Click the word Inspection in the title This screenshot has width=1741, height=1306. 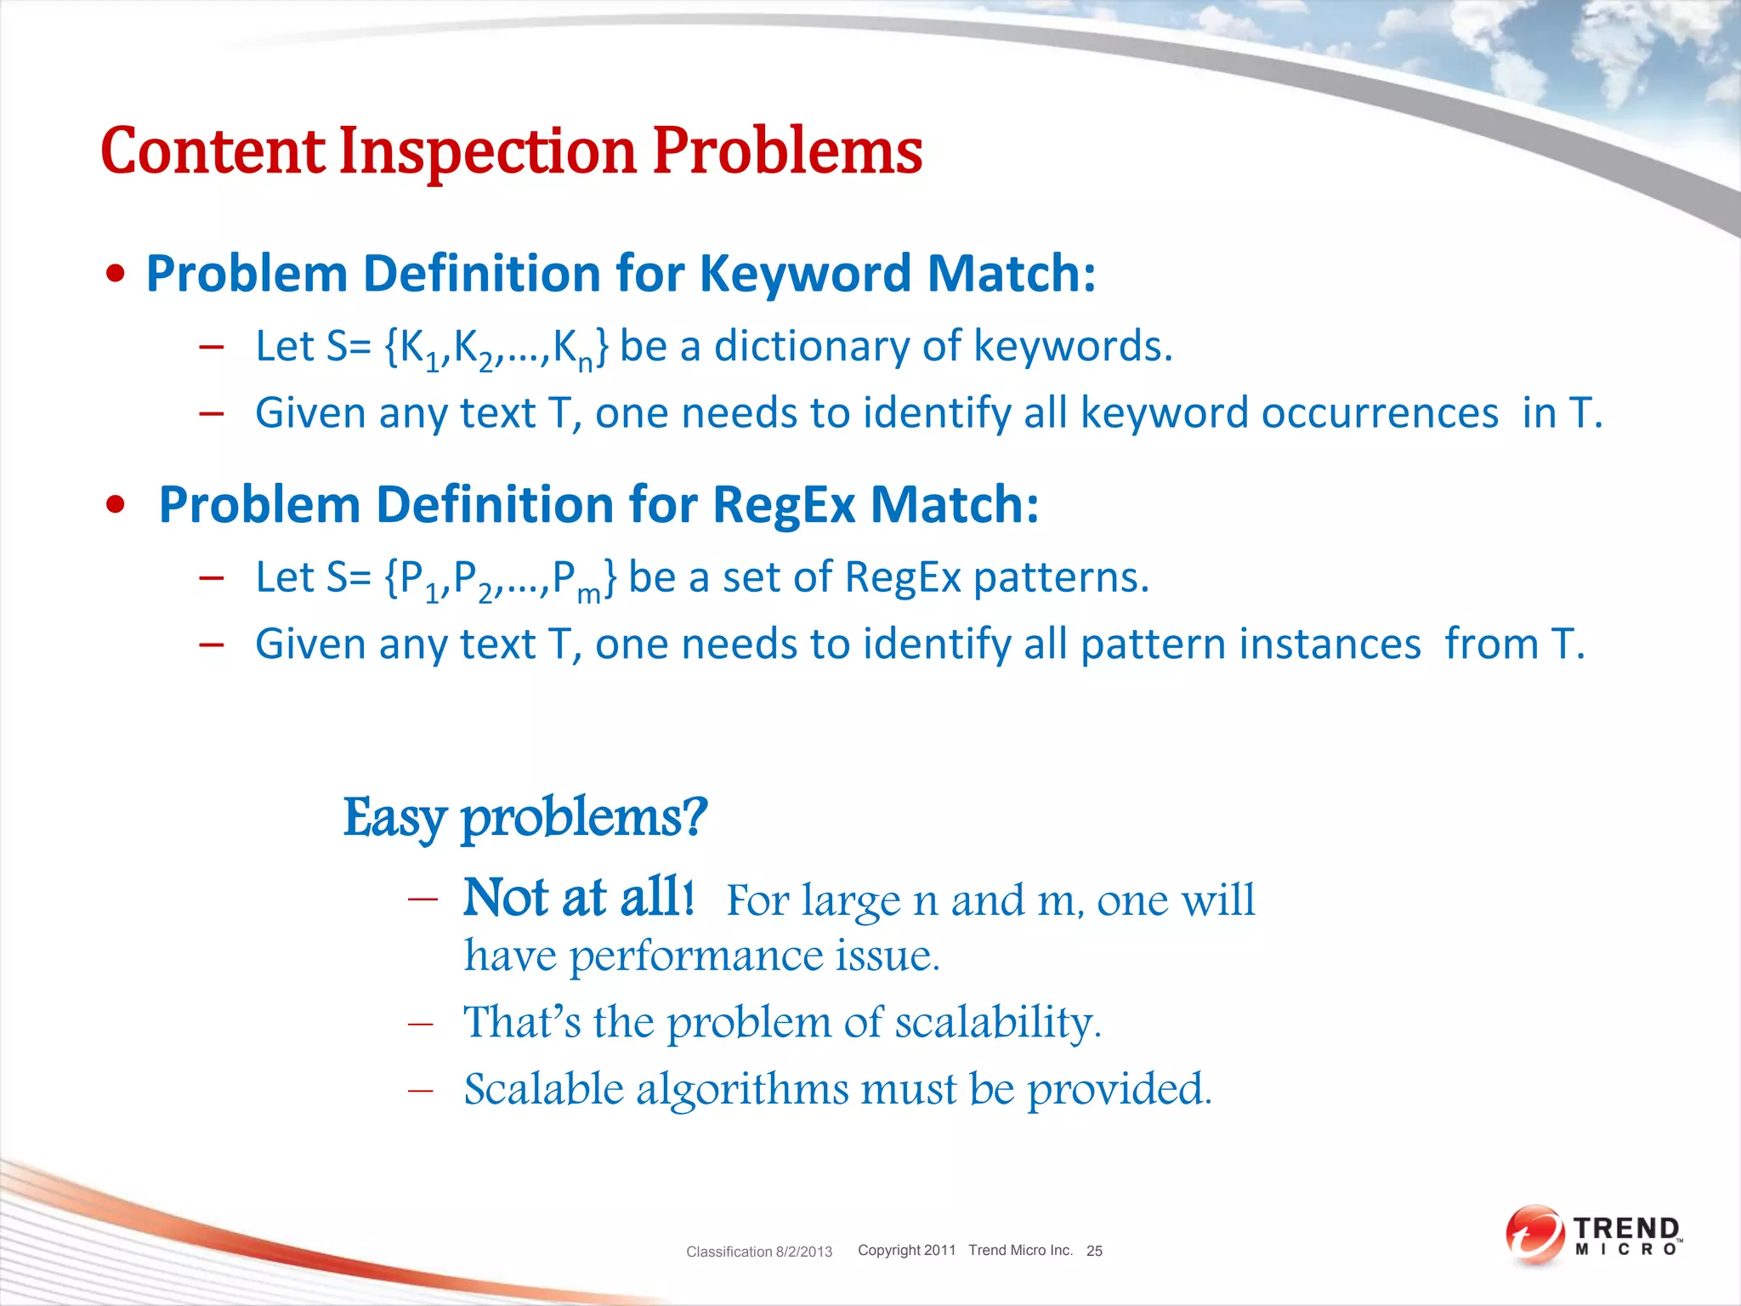coord(488,151)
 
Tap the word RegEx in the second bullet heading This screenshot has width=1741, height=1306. coord(784,505)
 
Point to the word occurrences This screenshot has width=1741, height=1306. coord(1380,414)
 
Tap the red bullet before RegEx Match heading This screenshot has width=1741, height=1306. coord(116,505)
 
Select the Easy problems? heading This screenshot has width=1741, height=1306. coord(525,818)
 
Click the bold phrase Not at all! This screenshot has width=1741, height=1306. coord(578,898)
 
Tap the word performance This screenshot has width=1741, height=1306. coord(696,956)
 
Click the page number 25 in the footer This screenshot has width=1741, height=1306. coord(1094,1251)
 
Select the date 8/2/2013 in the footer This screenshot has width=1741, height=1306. coord(803,1252)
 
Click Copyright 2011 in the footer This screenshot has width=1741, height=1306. coord(906,1250)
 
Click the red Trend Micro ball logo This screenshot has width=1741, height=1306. coord(1534,1235)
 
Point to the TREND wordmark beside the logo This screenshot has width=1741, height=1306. coord(1626,1229)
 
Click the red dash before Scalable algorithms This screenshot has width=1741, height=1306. coord(421,1091)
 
